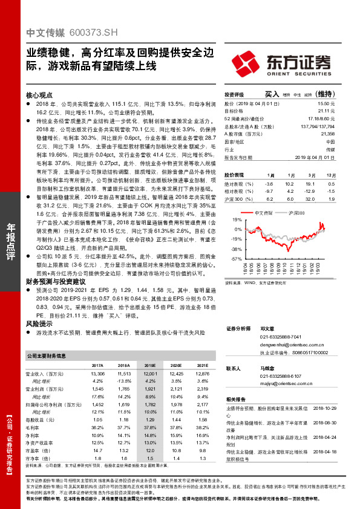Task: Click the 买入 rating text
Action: coord(272,94)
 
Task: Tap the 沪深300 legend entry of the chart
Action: coord(296,213)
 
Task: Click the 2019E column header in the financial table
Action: coord(150,366)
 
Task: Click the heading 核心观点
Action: coord(39,96)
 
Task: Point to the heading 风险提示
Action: coord(39,324)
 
